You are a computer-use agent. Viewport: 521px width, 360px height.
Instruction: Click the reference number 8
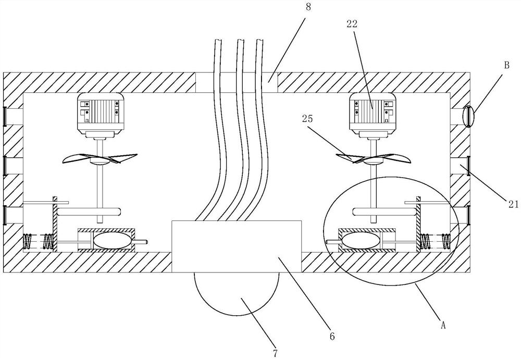[308, 7]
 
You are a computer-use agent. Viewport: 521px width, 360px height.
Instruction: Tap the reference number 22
[352, 23]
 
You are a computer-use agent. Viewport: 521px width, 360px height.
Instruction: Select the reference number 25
[308, 119]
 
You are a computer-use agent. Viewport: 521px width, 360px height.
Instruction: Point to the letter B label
[506, 66]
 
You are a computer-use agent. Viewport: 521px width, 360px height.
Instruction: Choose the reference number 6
[332, 336]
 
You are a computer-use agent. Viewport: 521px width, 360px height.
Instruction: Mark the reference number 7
[275, 353]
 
